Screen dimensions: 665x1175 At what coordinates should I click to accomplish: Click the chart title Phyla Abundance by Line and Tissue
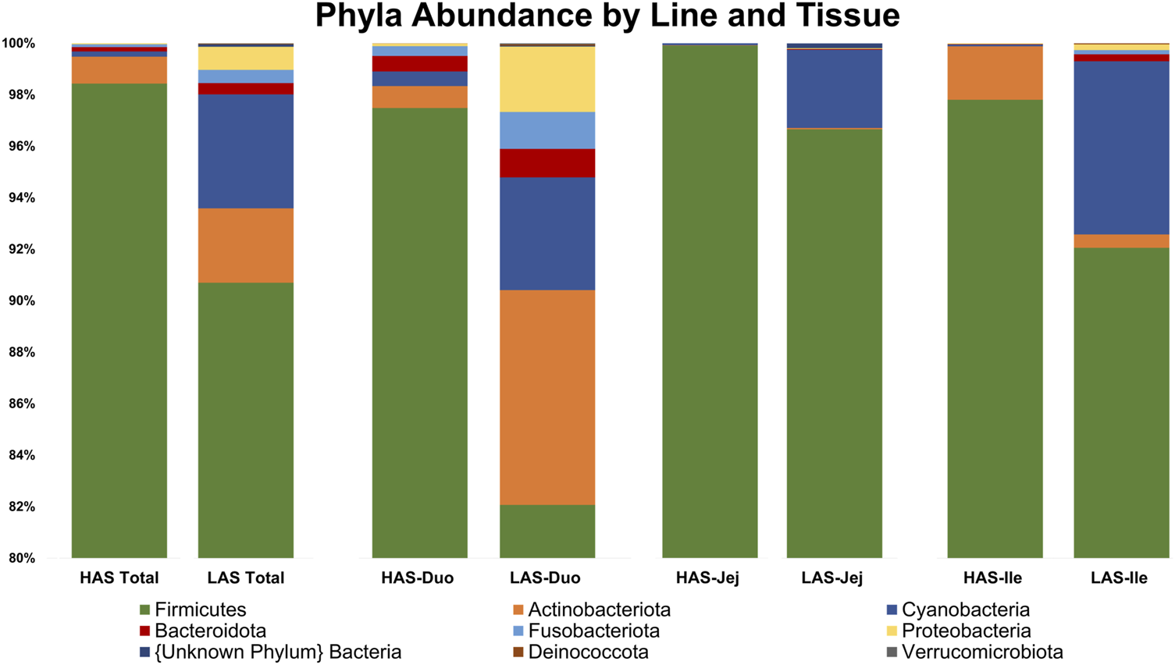pyautogui.click(x=607, y=16)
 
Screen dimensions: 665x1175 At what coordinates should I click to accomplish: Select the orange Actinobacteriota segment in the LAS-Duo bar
pyautogui.click(x=547, y=397)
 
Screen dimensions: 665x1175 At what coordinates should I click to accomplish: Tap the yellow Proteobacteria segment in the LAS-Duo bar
pyautogui.click(x=547, y=79)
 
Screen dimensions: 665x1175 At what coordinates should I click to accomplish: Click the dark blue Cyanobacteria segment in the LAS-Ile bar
pyautogui.click(x=1121, y=148)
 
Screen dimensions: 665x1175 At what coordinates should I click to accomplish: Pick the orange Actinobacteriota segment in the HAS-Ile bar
pyautogui.click(x=995, y=73)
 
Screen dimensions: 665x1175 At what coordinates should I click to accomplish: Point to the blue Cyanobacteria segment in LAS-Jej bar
pyautogui.click(x=834, y=88)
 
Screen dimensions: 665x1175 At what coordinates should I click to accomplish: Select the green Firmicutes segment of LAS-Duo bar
pyautogui.click(x=547, y=531)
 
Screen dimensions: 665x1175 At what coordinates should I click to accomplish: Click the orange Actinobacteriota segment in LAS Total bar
pyautogui.click(x=246, y=245)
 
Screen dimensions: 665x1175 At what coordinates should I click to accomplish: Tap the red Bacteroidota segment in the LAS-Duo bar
pyautogui.click(x=547, y=163)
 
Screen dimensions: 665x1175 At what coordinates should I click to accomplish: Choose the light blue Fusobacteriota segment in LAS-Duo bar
pyautogui.click(x=547, y=130)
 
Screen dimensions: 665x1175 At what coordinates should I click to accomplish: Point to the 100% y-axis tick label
pyautogui.click(x=18, y=44)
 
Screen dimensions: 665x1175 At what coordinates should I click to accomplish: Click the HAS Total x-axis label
pyautogui.click(x=119, y=578)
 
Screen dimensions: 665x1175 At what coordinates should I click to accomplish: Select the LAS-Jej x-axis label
pyautogui.click(x=832, y=578)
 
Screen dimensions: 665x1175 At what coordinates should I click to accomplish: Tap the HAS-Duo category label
pyautogui.click(x=418, y=578)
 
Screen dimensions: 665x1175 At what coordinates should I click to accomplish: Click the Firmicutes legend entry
pyautogui.click(x=200, y=610)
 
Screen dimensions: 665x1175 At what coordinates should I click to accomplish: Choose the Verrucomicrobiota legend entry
pyautogui.click(x=981, y=652)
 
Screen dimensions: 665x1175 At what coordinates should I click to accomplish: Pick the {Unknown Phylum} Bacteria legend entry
pyautogui.click(x=278, y=652)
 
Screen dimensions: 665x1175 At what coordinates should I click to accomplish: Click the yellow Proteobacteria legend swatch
pyautogui.click(x=892, y=631)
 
